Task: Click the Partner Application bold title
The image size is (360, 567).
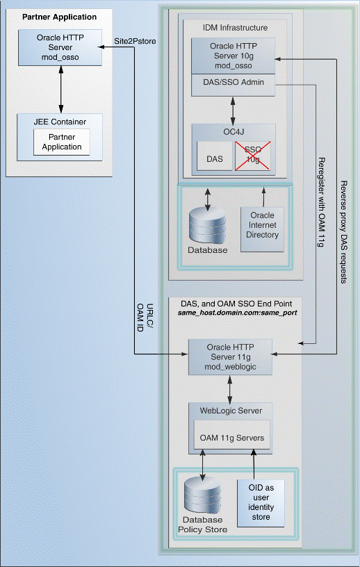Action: (x=60, y=17)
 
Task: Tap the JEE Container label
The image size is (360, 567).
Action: (x=62, y=122)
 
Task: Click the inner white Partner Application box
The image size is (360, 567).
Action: (x=62, y=142)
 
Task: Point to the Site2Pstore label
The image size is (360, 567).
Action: (x=136, y=42)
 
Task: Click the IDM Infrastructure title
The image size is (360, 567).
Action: (x=226, y=27)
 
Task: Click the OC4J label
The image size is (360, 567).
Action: (x=233, y=130)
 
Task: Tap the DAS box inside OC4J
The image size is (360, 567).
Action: (x=215, y=158)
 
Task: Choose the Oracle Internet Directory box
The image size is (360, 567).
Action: (x=263, y=225)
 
